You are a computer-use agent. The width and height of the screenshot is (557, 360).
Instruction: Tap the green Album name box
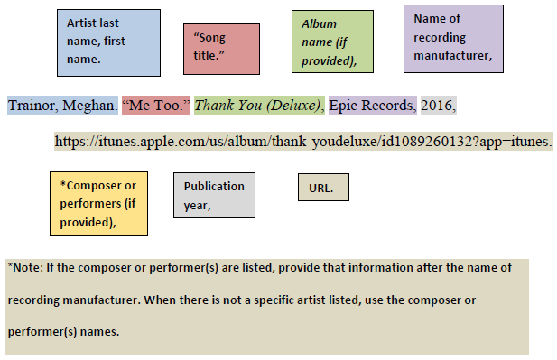[x=332, y=42]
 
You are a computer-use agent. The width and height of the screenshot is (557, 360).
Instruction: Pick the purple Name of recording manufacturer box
[x=453, y=38]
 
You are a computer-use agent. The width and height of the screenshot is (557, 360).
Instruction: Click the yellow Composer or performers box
[x=98, y=203]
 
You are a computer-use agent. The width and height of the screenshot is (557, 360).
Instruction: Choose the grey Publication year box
[x=214, y=194]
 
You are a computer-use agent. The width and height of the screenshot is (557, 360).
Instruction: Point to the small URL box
[x=322, y=188]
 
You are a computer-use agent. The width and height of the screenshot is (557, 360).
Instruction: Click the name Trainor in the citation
[x=33, y=106]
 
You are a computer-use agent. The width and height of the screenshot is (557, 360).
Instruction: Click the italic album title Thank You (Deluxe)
[x=259, y=106]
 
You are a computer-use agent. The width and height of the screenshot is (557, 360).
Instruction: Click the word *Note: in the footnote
[x=25, y=268]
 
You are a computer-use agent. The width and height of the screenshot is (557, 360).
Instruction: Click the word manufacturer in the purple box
[x=452, y=55]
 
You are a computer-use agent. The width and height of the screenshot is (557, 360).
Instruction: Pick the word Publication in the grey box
[x=214, y=187]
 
